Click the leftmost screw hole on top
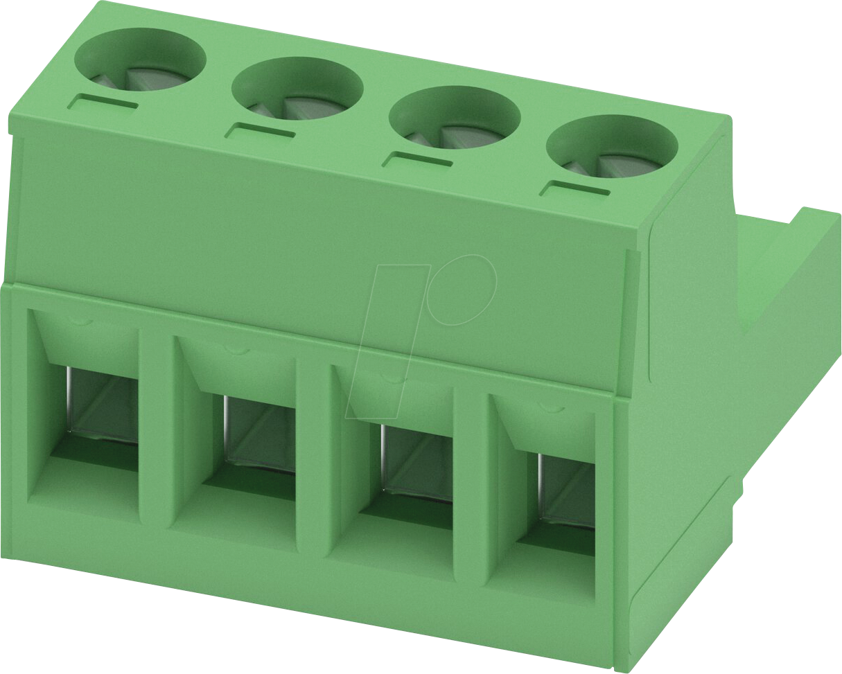click(x=140, y=60)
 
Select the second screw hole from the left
click(x=297, y=89)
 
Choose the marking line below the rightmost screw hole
click(x=575, y=188)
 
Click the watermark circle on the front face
click(x=462, y=290)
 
